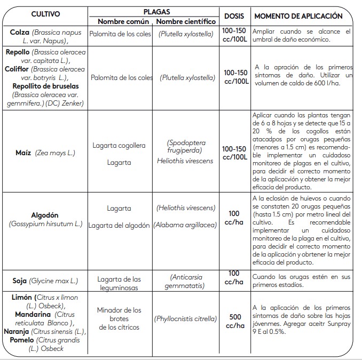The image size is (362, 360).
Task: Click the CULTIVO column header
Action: [45, 14]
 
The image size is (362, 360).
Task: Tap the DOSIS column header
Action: [234, 16]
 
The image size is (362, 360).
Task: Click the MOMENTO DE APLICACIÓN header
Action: [298, 16]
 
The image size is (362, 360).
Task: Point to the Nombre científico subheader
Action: [186, 22]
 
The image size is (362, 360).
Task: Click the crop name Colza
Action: [19, 33]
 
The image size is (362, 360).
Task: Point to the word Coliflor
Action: [17, 69]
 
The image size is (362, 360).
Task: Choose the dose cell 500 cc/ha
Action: [235, 321]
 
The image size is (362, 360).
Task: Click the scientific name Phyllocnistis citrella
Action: [185, 319]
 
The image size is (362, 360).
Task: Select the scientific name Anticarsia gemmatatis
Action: [186, 282]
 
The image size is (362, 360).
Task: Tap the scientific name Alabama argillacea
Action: [185, 225]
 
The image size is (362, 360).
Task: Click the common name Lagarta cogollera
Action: [119, 145]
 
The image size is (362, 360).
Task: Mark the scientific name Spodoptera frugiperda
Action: [186, 147]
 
